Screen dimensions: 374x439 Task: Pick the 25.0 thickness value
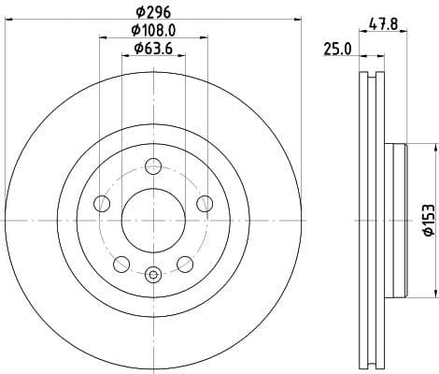coord(337,50)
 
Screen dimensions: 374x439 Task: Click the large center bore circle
coord(154,220)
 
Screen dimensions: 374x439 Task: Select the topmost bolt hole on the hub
coord(154,168)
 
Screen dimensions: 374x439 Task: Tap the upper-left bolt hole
coord(104,204)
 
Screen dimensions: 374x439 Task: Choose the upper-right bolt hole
coord(204,204)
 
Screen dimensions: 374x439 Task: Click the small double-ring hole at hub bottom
coord(154,273)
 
